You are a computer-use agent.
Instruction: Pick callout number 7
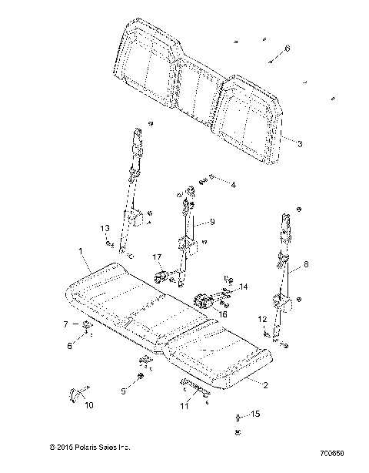tap(65, 324)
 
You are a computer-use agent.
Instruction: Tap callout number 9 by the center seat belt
tap(212, 222)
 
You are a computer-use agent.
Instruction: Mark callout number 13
tap(105, 230)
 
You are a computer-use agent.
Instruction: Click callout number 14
tap(244, 287)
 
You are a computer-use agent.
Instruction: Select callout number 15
tap(256, 414)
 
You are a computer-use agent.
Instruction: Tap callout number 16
tap(224, 314)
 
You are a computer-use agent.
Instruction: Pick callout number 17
tap(156, 257)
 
